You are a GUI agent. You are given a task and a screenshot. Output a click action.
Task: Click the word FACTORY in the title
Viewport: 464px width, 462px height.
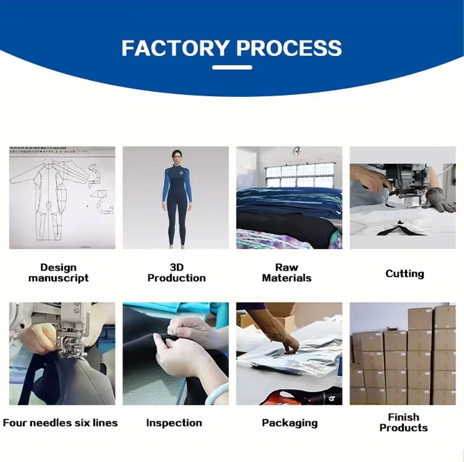tap(176, 48)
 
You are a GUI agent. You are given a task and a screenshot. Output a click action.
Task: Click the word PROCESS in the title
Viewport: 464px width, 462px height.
tap(289, 48)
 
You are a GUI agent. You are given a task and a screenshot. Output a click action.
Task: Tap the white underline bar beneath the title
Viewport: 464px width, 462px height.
tap(232, 67)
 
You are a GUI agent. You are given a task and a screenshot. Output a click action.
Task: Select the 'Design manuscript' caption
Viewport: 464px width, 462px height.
tap(58, 273)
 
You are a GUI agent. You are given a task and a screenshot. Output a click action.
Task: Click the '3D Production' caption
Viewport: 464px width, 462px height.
tap(176, 273)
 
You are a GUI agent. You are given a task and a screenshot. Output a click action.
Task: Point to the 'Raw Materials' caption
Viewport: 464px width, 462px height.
tap(287, 273)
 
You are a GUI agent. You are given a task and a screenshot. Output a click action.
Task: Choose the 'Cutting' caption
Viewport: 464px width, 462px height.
tap(404, 274)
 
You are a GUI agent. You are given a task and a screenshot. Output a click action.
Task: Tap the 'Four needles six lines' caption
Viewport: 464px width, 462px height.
tap(60, 423)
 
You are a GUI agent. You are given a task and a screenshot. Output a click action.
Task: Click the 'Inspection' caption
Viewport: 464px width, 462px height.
tap(174, 423)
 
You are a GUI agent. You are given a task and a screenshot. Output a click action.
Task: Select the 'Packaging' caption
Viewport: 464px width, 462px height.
tap(290, 423)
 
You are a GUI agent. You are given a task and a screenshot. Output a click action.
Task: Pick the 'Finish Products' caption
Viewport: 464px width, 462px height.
tap(403, 423)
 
